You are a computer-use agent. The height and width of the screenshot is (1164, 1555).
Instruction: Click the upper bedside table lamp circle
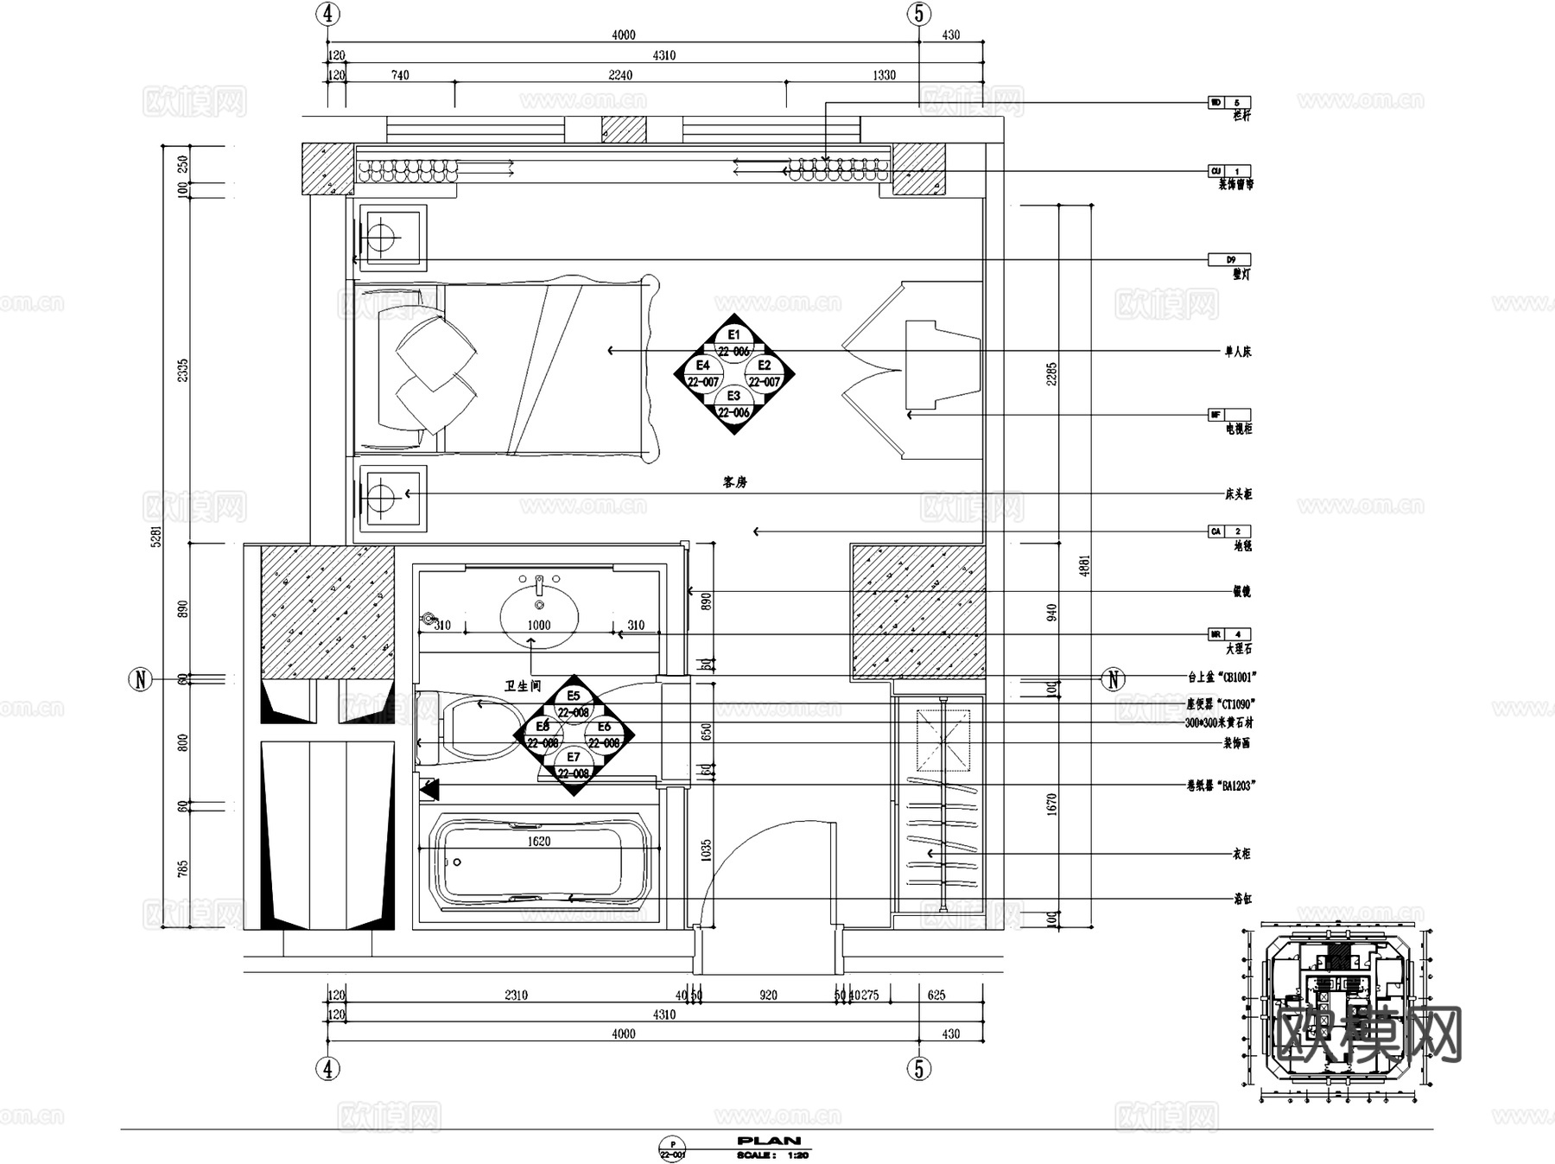click(x=381, y=237)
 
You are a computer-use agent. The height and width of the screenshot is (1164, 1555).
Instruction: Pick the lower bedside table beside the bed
click(x=392, y=498)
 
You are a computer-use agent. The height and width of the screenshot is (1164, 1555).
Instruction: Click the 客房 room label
click(x=734, y=482)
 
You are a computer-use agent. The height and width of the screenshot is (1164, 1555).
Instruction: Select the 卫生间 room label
click(x=523, y=685)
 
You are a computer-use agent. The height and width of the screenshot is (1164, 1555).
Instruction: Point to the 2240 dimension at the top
click(x=619, y=75)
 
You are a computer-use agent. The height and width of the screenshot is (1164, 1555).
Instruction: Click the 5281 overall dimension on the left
click(x=156, y=537)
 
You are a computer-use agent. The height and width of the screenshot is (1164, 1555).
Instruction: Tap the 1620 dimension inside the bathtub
click(x=538, y=841)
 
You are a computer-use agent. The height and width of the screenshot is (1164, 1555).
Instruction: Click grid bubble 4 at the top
click(x=327, y=14)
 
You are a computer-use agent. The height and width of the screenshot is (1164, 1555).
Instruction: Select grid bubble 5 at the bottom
click(x=919, y=1068)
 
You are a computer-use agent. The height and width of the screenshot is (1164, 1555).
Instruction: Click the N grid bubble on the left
click(x=141, y=679)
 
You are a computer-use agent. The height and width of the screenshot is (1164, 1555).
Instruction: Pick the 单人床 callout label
click(x=1237, y=352)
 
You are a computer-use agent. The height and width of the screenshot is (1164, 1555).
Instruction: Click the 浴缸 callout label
click(x=1241, y=899)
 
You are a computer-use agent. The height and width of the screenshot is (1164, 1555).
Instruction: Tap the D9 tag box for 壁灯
click(x=1229, y=259)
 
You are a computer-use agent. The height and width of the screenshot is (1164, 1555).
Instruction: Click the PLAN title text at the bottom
click(x=769, y=1141)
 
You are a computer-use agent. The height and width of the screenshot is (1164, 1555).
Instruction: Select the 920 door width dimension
click(x=768, y=995)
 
